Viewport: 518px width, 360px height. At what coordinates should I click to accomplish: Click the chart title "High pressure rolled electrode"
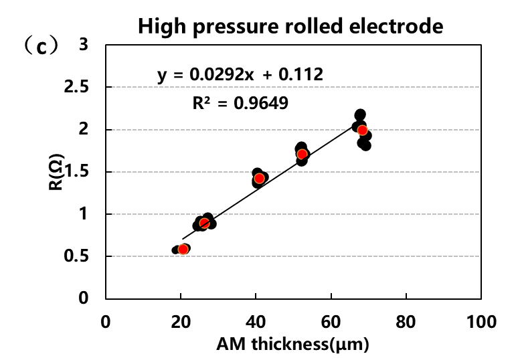click(x=291, y=27)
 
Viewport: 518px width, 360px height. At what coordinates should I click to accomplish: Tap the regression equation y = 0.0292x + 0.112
click(x=240, y=74)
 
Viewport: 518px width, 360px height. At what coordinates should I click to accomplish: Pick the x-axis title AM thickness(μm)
click(x=292, y=345)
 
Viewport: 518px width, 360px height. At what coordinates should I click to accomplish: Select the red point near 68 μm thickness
click(x=362, y=130)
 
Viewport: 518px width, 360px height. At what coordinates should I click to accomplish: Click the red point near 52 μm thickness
click(x=302, y=154)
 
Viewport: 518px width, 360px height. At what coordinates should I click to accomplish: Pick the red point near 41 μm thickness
click(x=259, y=179)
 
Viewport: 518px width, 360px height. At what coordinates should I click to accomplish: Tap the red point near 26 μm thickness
click(x=204, y=223)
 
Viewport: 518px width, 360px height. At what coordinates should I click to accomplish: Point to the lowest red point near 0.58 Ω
click(x=183, y=250)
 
